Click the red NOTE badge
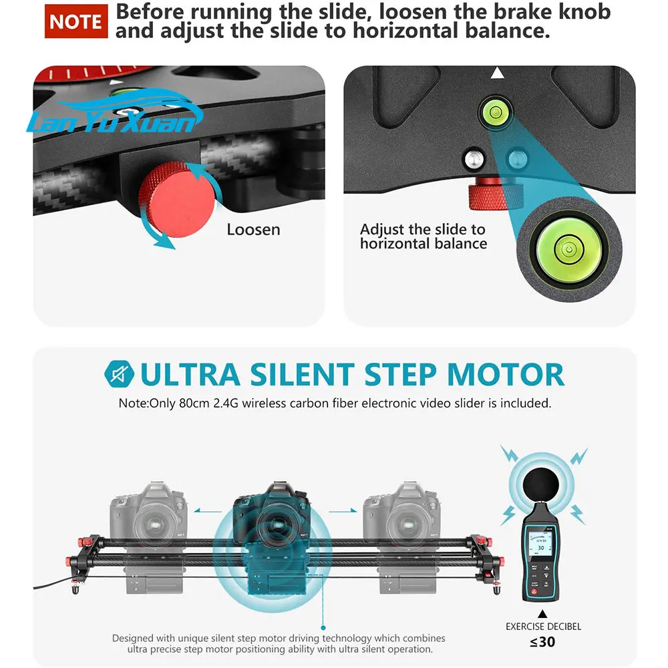[x=76, y=21]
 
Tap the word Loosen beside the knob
[x=253, y=230]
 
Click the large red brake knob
[x=176, y=199]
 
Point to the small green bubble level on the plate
[x=496, y=112]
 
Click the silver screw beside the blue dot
[x=474, y=158]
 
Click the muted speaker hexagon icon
[x=120, y=374]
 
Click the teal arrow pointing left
[x=208, y=510]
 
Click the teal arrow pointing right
[x=343, y=510]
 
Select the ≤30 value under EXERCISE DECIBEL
[x=542, y=641]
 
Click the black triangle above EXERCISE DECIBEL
[x=542, y=614]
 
